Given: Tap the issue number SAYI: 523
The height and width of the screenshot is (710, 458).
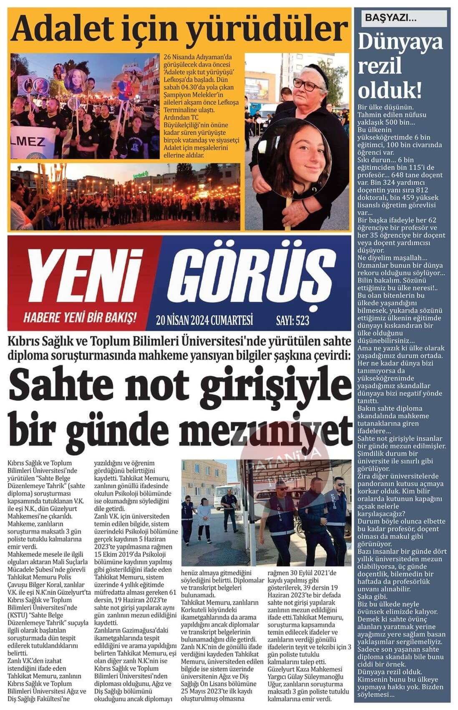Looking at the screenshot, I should [x=292, y=320].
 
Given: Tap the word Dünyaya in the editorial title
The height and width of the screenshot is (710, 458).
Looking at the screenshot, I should [x=400, y=43].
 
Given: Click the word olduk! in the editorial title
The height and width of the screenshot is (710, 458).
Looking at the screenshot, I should [x=390, y=89].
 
